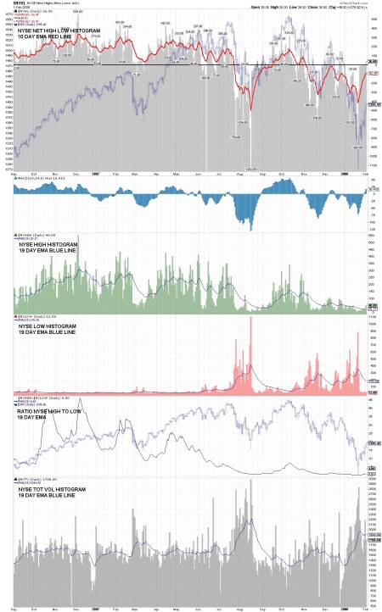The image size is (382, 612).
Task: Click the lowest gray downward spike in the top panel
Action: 251,169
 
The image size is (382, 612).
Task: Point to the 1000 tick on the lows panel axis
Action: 371,324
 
